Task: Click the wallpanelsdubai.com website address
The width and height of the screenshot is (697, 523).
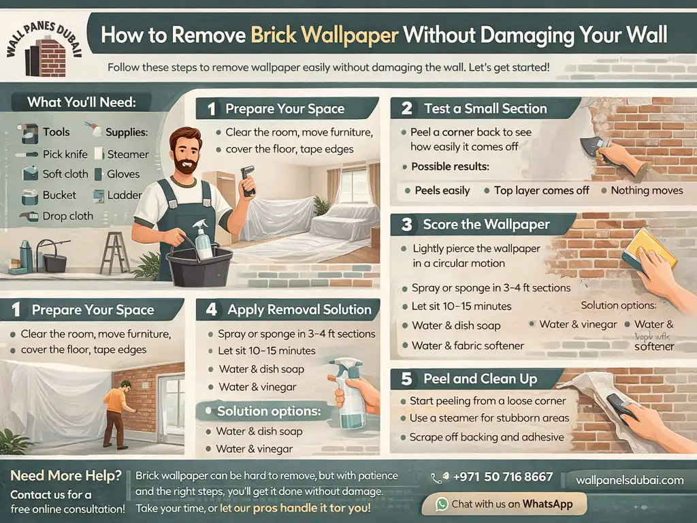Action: coord(630,479)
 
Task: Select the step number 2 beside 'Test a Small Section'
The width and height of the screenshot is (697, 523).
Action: coord(407,108)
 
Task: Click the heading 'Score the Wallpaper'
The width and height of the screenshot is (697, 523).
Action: coord(486,224)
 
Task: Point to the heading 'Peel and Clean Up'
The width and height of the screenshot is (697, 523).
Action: coord(480,379)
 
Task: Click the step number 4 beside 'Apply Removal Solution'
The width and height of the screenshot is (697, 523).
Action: coord(212,309)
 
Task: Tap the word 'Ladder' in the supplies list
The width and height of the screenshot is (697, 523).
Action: coord(125,195)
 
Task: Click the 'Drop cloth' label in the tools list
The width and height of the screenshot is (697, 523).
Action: coord(68,216)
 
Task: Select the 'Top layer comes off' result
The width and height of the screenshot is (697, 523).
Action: coord(542,190)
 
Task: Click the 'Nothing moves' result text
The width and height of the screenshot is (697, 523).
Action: coord(647,190)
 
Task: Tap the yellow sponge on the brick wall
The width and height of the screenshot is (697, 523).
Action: coord(649,250)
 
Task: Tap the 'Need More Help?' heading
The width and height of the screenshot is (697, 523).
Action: coord(66,475)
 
